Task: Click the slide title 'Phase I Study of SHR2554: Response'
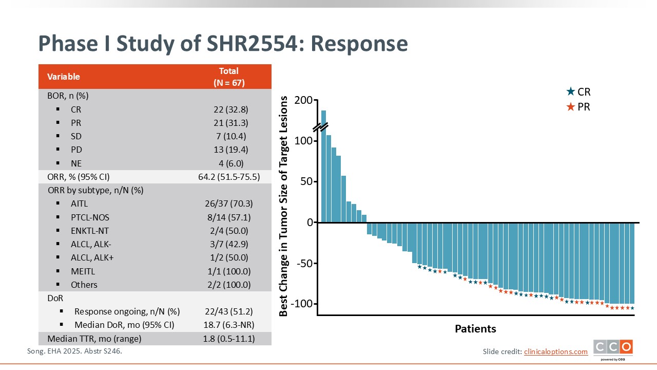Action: point(223,44)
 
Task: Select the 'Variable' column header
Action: point(64,77)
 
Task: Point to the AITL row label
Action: point(79,203)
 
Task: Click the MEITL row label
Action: point(83,271)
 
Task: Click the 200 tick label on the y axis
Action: point(303,101)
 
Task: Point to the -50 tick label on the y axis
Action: point(302,264)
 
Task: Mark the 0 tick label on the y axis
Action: point(310,223)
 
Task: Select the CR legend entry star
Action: point(570,92)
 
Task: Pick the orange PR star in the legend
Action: point(570,107)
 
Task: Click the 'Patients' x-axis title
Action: point(475,329)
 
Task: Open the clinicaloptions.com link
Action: point(555,351)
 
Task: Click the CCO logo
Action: point(613,348)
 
